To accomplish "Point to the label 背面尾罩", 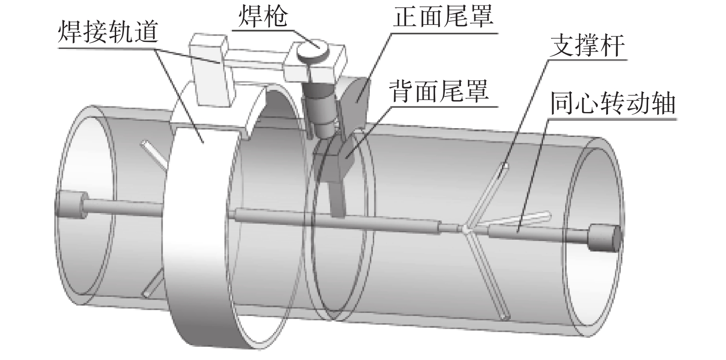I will coord(438,91).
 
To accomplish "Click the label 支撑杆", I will coord(588,46).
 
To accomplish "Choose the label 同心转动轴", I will coord(613,105).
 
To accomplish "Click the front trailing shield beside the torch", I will coord(355,99).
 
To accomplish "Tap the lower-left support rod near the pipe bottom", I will coord(152,283).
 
